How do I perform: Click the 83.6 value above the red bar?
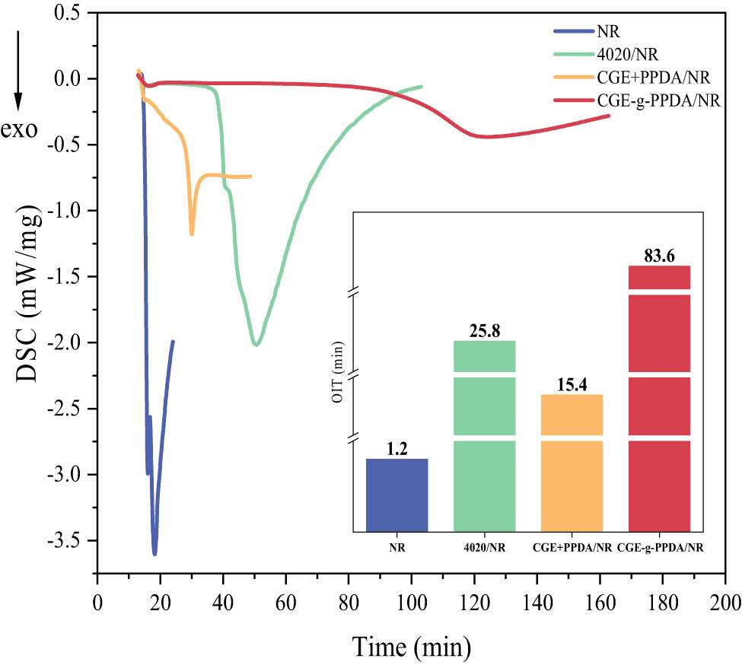click(x=659, y=256)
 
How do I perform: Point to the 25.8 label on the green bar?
click(x=485, y=330)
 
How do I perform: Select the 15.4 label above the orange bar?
click(x=572, y=384)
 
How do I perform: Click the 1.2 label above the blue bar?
click(x=397, y=449)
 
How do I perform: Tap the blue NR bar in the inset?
click(x=397, y=495)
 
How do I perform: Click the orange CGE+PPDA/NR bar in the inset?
click(x=572, y=464)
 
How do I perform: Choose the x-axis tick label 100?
click(x=411, y=597)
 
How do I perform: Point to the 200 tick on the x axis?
click(x=724, y=597)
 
